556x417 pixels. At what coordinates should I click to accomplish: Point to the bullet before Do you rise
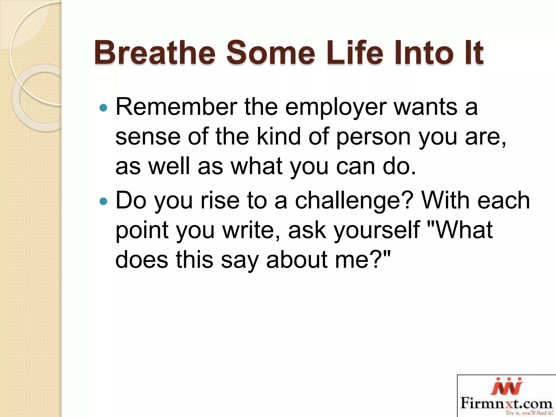103,201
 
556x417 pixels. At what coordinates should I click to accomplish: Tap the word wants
426,107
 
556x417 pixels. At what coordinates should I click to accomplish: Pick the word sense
148,137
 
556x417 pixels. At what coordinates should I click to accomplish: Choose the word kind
279,136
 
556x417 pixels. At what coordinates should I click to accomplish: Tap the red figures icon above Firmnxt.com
507,387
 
